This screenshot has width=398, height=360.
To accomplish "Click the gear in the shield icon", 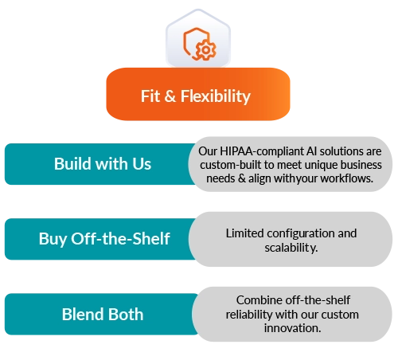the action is [x=206, y=49].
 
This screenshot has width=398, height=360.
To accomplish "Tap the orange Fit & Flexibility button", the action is [x=198, y=94].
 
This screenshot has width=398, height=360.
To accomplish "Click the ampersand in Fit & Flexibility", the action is [x=170, y=96].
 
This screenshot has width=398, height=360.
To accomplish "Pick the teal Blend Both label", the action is [x=102, y=314].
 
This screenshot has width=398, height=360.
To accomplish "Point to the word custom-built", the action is [x=231, y=165].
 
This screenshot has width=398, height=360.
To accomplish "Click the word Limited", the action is [x=245, y=233].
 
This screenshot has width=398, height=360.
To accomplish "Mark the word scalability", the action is [x=291, y=248].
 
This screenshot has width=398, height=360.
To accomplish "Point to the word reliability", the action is [x=249, y=315].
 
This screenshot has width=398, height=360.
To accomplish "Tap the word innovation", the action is [x=292, y=328].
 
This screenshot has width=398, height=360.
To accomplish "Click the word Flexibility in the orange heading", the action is [x=216, y=96].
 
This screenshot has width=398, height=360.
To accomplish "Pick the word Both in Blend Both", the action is [x=126, y=315].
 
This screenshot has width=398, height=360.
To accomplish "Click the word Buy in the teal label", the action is [x=53, y=240].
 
